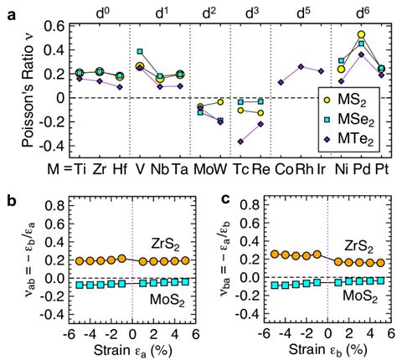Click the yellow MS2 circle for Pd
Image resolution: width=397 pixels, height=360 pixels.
361,35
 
